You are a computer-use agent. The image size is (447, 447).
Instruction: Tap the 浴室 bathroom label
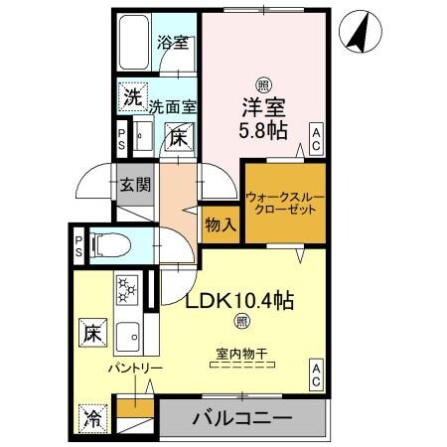coord(175,43)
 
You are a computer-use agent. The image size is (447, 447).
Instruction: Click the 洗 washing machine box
coord(131,97)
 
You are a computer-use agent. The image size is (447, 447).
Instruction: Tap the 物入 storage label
coord(221,224)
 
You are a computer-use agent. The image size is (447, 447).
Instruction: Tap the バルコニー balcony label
coord(242,417)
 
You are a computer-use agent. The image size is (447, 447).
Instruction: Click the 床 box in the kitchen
coord(89,329)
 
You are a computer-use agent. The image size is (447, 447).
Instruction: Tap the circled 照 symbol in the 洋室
coord(262,84)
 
